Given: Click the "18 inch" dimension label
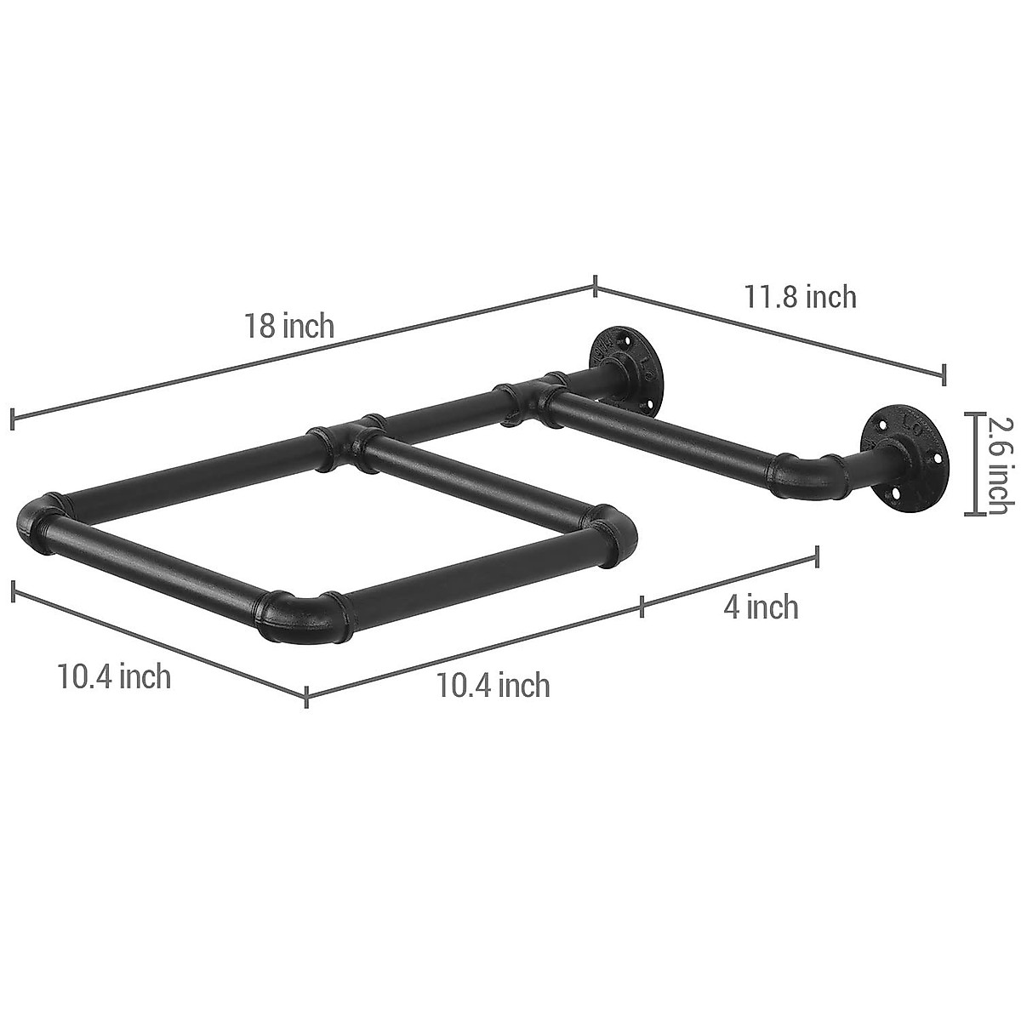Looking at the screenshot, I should tap(289, 326).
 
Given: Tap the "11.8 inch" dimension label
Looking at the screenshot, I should tap(801, 297).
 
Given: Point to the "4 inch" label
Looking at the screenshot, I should tap(761, 607).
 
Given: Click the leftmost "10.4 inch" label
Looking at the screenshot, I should tap(114, 676).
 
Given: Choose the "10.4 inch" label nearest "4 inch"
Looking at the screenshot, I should tap(493, 684).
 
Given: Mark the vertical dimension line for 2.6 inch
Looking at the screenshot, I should tap(969, 464).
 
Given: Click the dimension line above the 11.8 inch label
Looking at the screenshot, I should tap(769, 331).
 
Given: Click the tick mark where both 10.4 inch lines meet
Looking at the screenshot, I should tap(305, 696).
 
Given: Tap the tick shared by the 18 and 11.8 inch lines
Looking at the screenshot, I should tap(595, 286).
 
